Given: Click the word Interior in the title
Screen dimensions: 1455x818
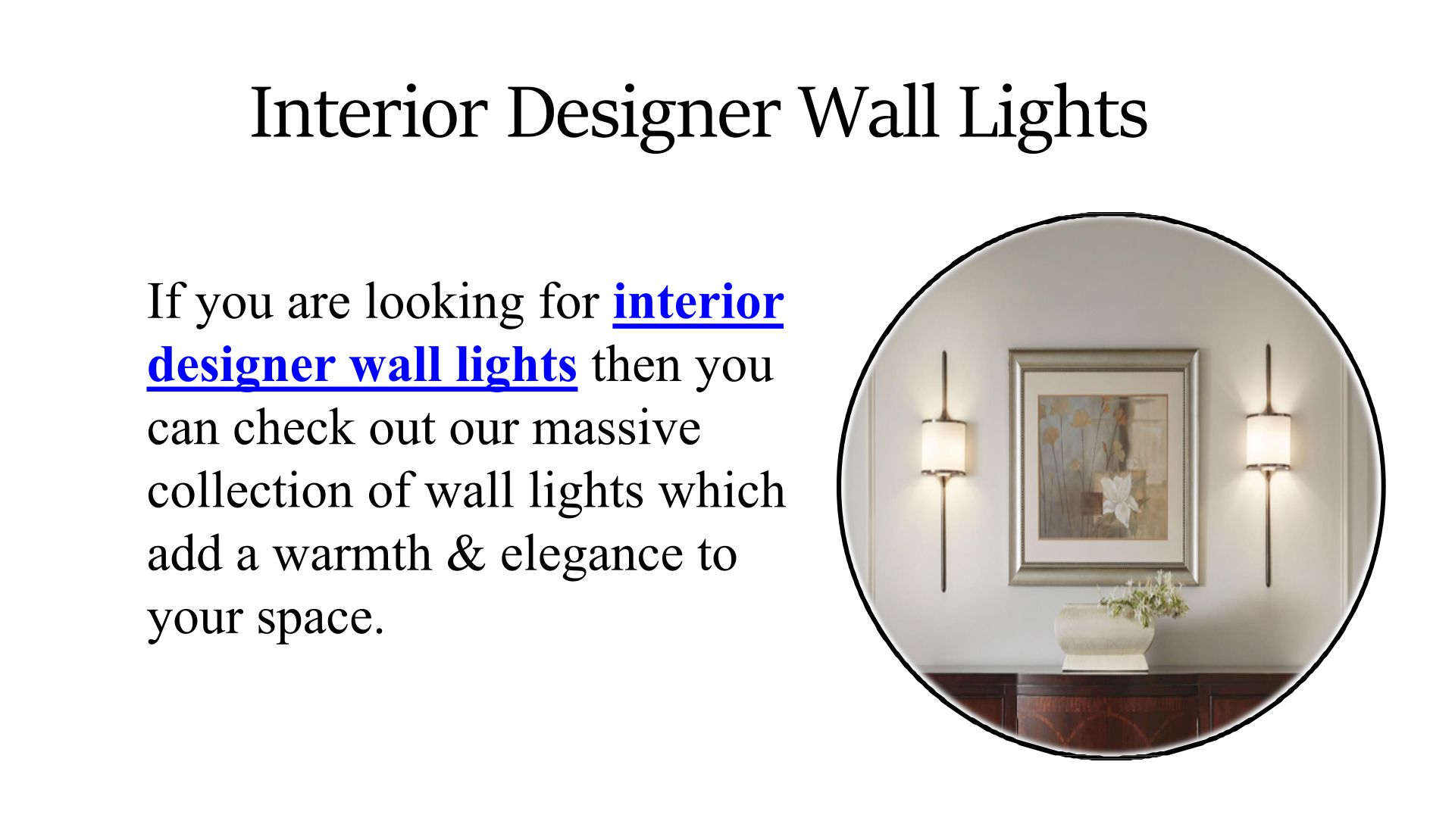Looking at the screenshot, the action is [x=368, y=112].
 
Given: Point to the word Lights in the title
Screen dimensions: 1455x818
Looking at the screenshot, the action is [x=1053, y=116].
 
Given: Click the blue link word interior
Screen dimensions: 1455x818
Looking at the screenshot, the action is [x=698, y=301].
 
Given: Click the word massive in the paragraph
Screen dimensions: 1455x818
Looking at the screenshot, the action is [x=616, y=428].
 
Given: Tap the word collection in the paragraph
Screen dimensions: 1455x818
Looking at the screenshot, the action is [x=250, y=490].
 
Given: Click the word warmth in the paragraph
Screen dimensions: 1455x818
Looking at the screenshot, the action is [x=352, y=554].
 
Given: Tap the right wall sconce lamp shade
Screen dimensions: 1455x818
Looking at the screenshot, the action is [x=1269, y=441].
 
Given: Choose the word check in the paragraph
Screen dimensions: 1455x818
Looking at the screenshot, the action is [x=293, y=428].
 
